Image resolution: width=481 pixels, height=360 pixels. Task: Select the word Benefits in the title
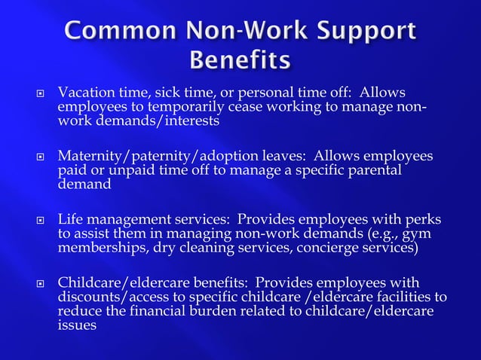(240, 59)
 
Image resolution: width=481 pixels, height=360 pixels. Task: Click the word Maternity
(89, 156)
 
